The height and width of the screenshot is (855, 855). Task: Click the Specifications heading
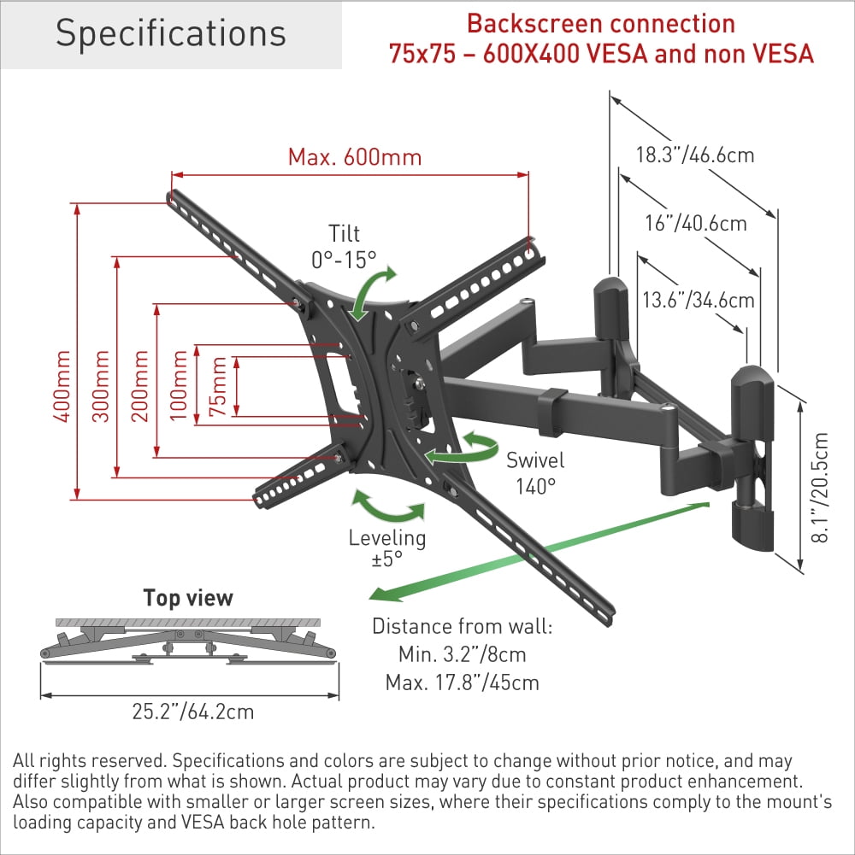[171, 34]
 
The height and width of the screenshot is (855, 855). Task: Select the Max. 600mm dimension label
[354, 158]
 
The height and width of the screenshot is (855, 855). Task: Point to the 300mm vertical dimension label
[101, 385]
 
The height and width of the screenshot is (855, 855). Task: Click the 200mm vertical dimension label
[141, 385]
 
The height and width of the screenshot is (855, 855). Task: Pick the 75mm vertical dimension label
[220, 386]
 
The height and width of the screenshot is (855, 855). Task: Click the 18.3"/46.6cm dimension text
[694, 155]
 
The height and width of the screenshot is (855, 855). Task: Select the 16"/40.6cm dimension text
[696, 223]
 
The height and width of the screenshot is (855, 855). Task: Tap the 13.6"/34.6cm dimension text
[698, 300]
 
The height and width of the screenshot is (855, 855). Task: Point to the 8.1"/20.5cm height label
[821, 488]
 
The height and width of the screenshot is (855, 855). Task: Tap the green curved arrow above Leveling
[388, 507]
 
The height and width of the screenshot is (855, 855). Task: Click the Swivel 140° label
[535, 473]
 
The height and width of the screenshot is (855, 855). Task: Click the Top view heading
[188, 597]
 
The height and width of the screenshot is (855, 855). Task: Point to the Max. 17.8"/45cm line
[462, 683]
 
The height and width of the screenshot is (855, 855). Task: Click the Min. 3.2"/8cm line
[462, 655]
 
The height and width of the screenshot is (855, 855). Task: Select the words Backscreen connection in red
[600, 23]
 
